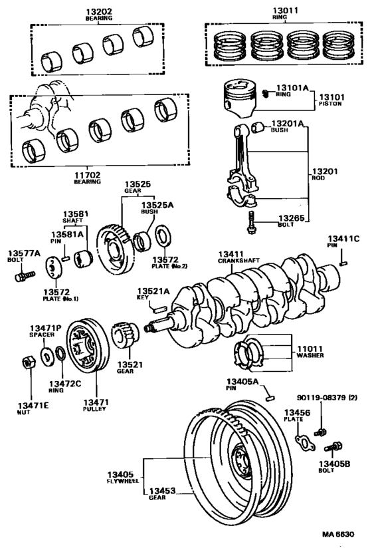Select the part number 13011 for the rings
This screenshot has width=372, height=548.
[x=271, y=11]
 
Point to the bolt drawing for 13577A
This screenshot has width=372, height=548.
[x=23, y=273]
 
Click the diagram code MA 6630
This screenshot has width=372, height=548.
[x=339, y=534]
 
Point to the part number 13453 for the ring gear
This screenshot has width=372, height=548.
[x=160, y=490]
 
